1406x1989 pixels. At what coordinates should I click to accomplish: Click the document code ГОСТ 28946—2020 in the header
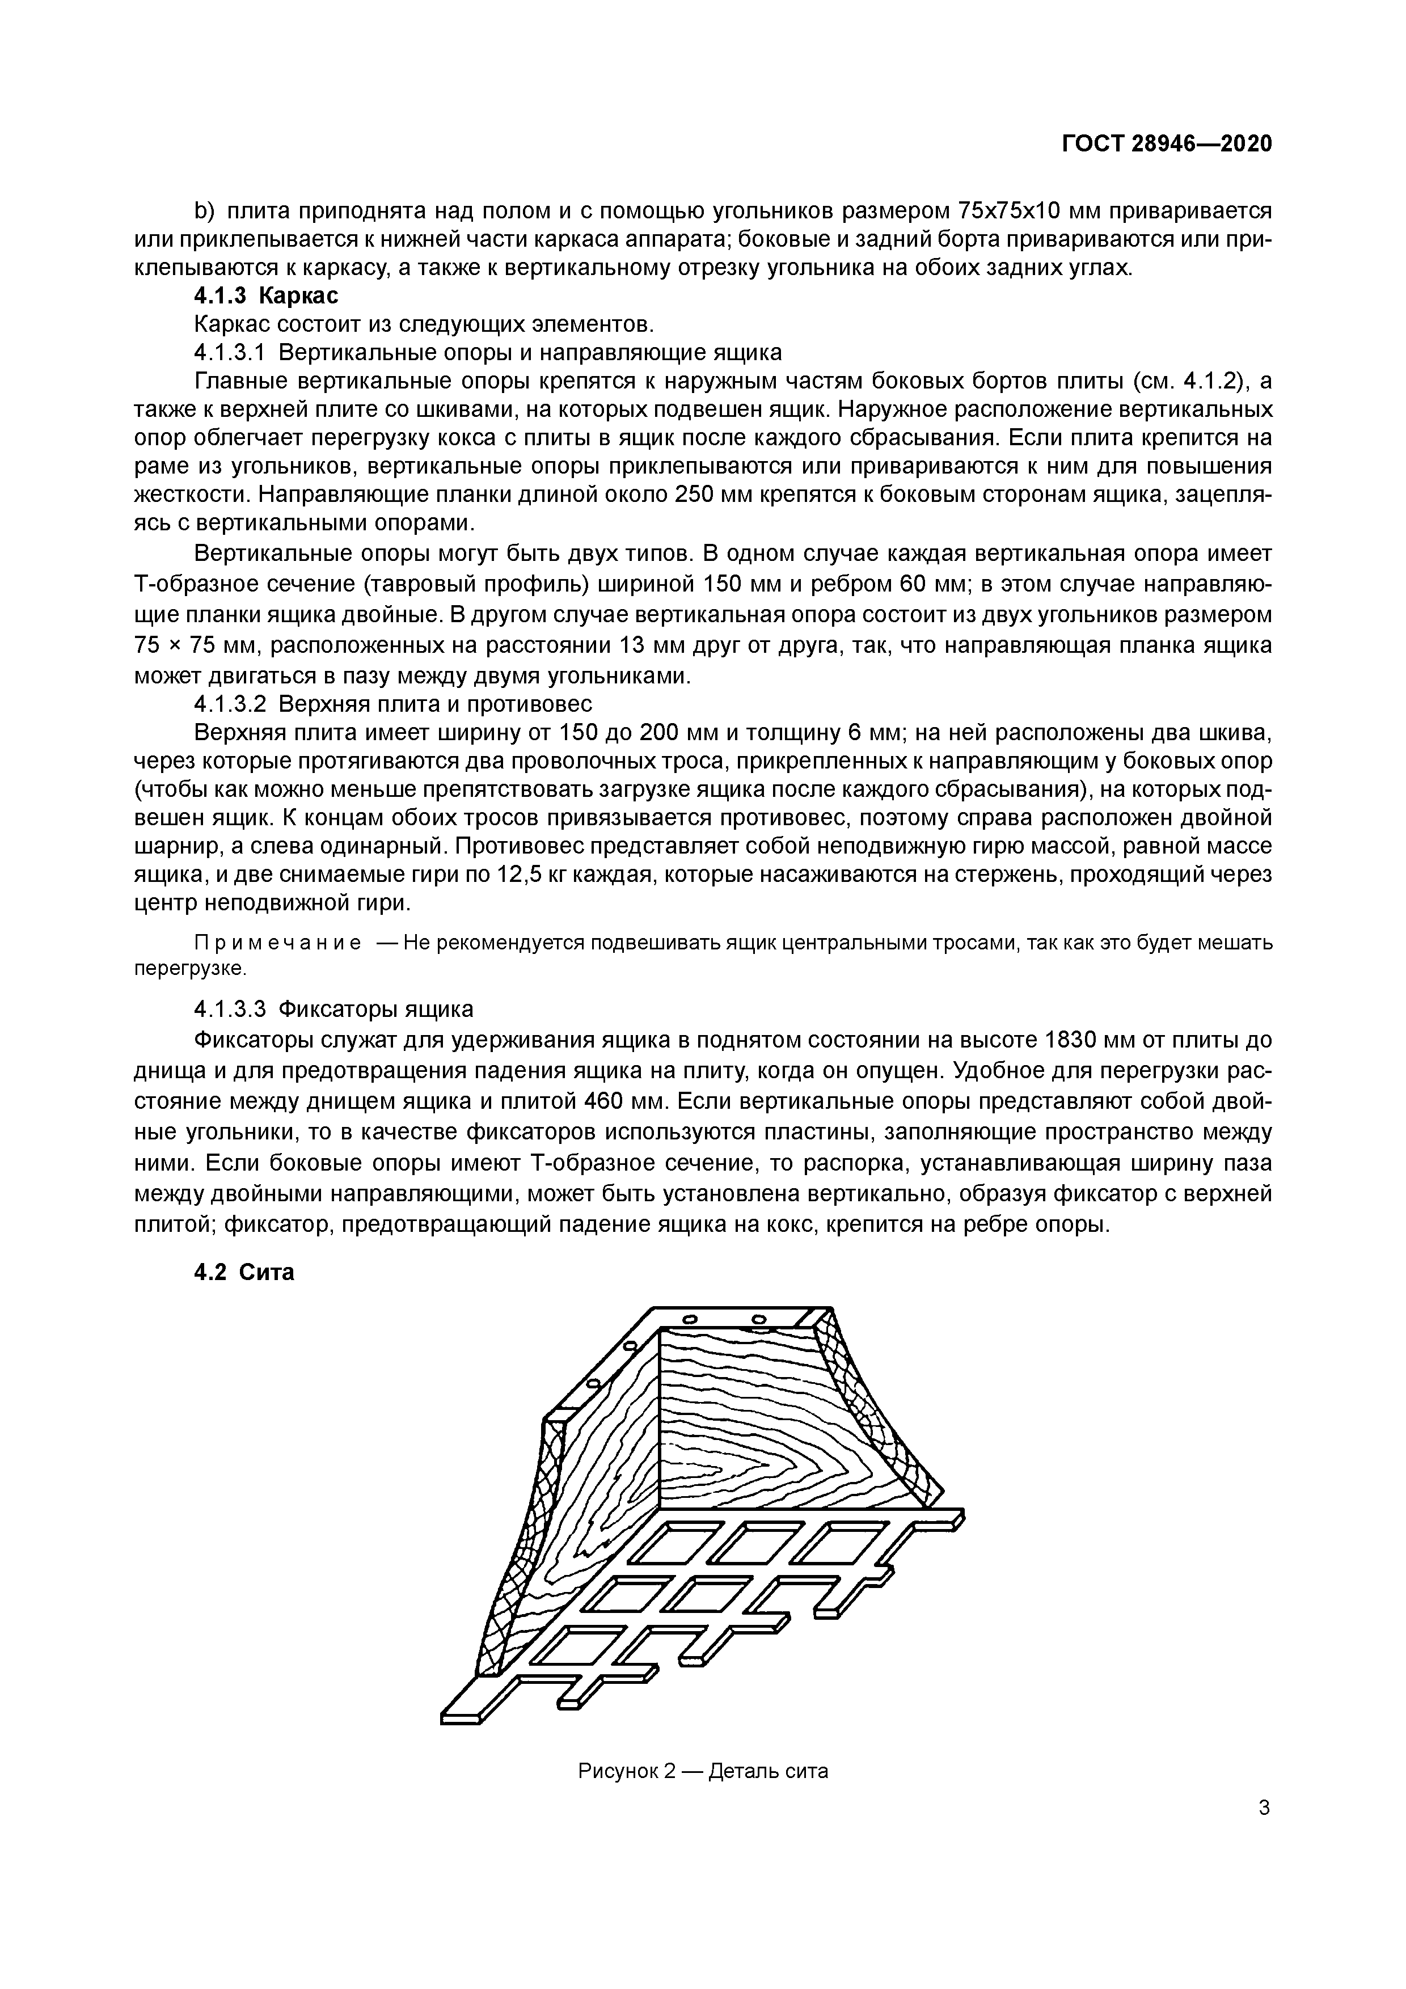pyautogui.click(x=1166, y=144)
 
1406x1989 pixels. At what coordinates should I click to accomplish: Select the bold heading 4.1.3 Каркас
pyautogui.click(x=266, y=296)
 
